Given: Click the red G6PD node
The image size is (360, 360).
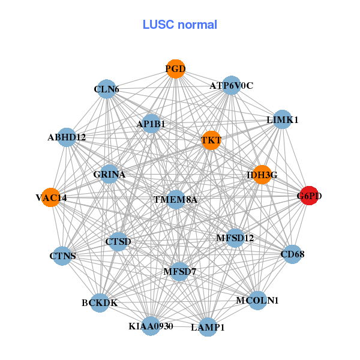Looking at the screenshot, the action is point(309,196).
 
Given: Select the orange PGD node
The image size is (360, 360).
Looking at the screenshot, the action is point(175,69).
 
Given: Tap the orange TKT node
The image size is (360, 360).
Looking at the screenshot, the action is point(211,140).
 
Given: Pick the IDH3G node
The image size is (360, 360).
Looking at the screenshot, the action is point(262,175).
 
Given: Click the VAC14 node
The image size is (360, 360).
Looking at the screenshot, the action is point(51,197).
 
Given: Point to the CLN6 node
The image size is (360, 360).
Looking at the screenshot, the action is point(106,89).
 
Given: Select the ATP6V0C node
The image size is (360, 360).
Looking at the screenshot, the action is point(231,86).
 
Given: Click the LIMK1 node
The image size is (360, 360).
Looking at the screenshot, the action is point(282,119).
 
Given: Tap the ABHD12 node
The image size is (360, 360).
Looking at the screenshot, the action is point(67,137).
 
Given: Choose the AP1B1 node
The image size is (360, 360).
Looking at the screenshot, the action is point(151,124).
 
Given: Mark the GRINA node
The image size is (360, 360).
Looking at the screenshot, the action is point(110,175).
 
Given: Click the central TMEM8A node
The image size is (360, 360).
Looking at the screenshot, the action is point(175,199).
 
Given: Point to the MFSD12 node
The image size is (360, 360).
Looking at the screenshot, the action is point(235,238).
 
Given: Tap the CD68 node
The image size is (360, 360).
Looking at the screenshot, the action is point(292,254).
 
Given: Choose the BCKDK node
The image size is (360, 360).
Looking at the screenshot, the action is point(100,302).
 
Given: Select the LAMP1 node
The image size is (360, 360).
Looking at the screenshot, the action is point(208,327).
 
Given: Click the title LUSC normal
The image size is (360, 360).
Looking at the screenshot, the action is point(179,25).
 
